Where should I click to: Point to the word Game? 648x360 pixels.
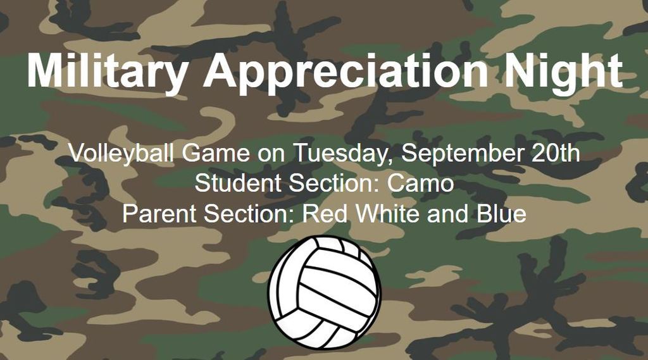(x=216, y=153)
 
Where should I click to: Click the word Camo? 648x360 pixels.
(x=420, y=183)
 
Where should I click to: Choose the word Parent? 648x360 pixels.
(x=159, y=214)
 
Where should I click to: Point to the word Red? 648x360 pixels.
(x=325, y=214)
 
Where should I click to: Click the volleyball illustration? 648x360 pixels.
(x=324, y=293)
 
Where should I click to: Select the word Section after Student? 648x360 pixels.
(x=334, y=183)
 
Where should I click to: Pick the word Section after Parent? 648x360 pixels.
(x=249, y=214)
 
